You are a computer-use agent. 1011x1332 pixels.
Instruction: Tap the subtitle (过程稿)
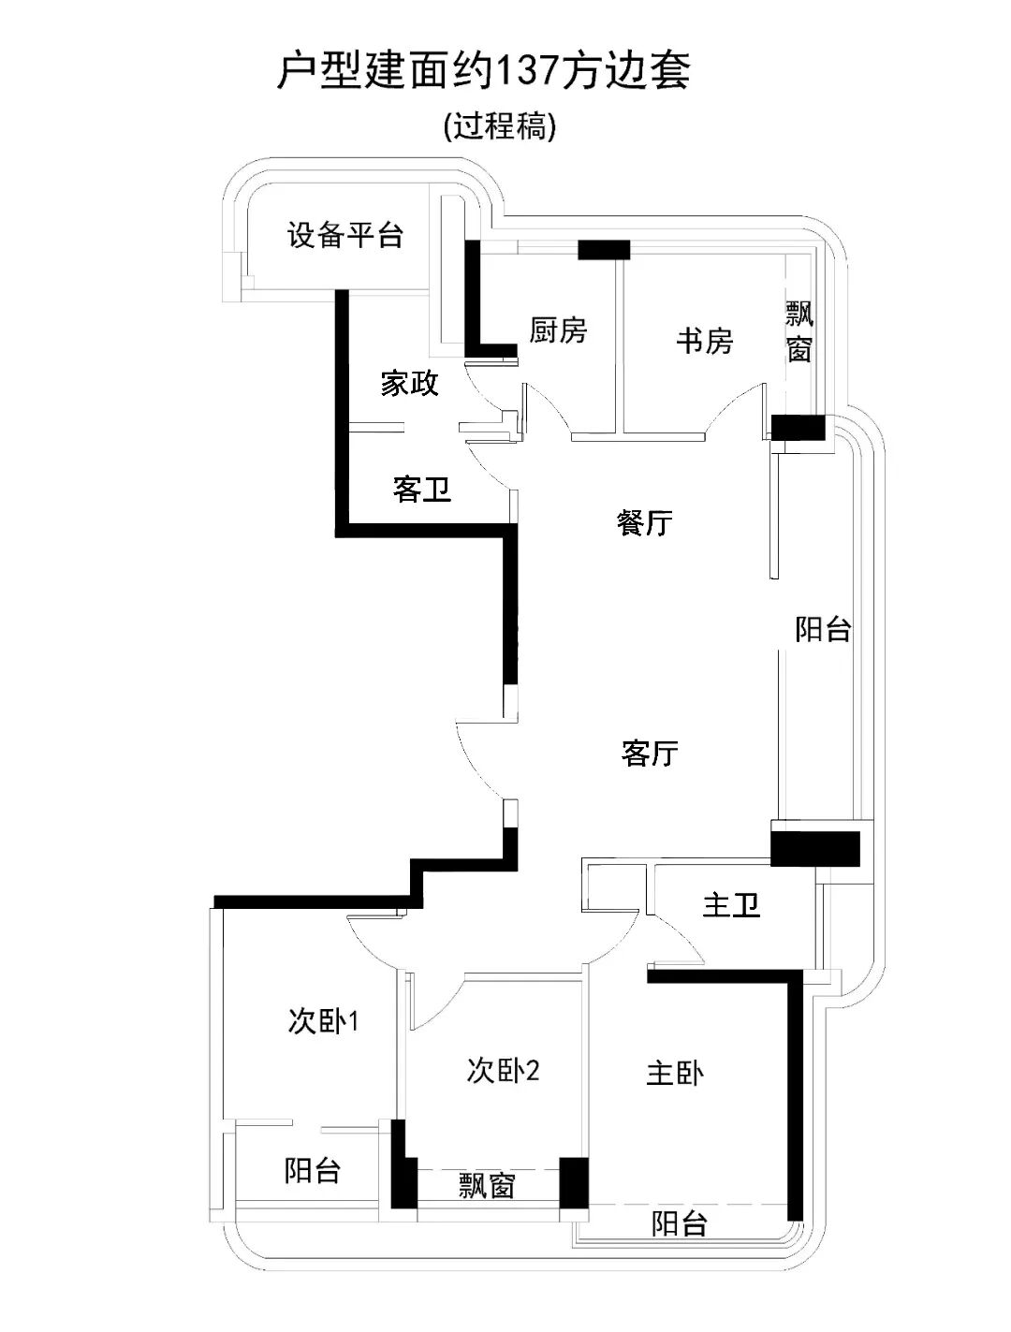pos(500,125)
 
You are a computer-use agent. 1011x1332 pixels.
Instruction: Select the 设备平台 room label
pos(344,234)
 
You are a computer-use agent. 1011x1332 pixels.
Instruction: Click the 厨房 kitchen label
pos(558,330)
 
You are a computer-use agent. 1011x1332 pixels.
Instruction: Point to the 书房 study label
pos(704,341)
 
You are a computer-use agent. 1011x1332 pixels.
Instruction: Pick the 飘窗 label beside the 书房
pos(799,330)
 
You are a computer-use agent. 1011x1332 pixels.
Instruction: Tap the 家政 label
pos(409,383)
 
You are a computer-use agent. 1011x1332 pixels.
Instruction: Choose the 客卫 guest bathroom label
pos(422,489)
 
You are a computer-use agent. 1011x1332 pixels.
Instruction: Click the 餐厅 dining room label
pos(645,522)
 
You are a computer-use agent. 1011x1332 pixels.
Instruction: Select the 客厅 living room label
pos(649,753)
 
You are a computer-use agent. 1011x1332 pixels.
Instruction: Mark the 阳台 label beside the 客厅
pos(823,629)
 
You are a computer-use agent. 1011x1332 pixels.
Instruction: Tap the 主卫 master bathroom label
pos(731,905)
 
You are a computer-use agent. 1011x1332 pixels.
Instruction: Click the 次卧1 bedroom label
pos(323,1021)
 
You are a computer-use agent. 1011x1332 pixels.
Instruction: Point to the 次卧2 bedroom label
pos(503,1070)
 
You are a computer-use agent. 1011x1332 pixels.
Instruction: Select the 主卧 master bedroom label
pos(675,1073)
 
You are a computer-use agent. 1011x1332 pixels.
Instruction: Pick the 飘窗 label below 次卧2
pos(487,1186)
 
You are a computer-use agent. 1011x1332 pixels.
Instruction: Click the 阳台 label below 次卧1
pos(313,1170)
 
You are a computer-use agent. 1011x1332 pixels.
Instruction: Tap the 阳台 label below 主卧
pos(679,1222)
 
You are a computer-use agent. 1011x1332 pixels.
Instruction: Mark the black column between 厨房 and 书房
pos(603,250)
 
